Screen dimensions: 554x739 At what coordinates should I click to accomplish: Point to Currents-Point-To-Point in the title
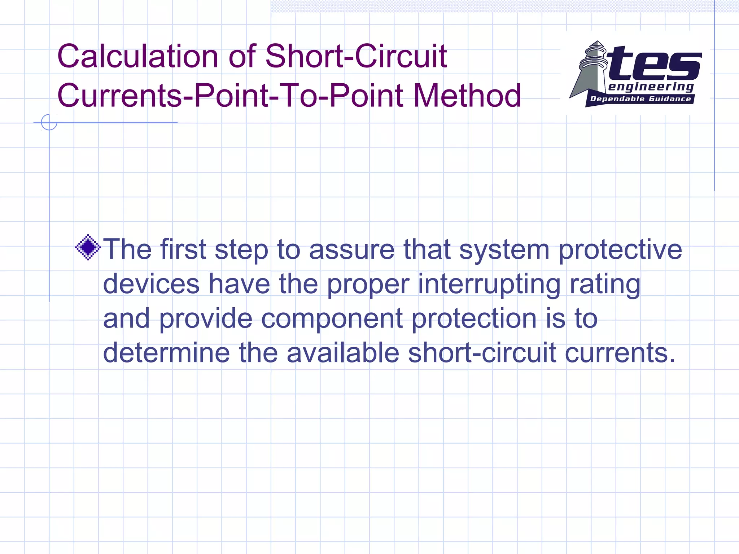pos(230,96)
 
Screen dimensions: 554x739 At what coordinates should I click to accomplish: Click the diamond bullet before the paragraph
pos(88,247)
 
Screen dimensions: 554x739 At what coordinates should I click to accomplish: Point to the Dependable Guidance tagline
pos(640,99)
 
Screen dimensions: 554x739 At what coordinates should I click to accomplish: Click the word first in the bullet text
pos(183,249)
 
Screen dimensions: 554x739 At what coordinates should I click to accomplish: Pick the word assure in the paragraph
pos(352,249)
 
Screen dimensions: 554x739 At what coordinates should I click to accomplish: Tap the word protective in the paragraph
pos(620,250)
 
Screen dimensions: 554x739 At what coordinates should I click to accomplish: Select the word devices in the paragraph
pos(151,284)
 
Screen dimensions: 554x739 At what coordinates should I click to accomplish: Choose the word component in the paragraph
pos(332,319)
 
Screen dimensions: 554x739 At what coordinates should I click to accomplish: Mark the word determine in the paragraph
pos(166,353)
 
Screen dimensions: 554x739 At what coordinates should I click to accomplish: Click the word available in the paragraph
pos(343,353)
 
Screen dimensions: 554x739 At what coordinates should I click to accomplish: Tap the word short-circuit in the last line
pos(482,353)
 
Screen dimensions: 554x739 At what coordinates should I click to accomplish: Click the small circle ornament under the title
pos(49,122)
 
